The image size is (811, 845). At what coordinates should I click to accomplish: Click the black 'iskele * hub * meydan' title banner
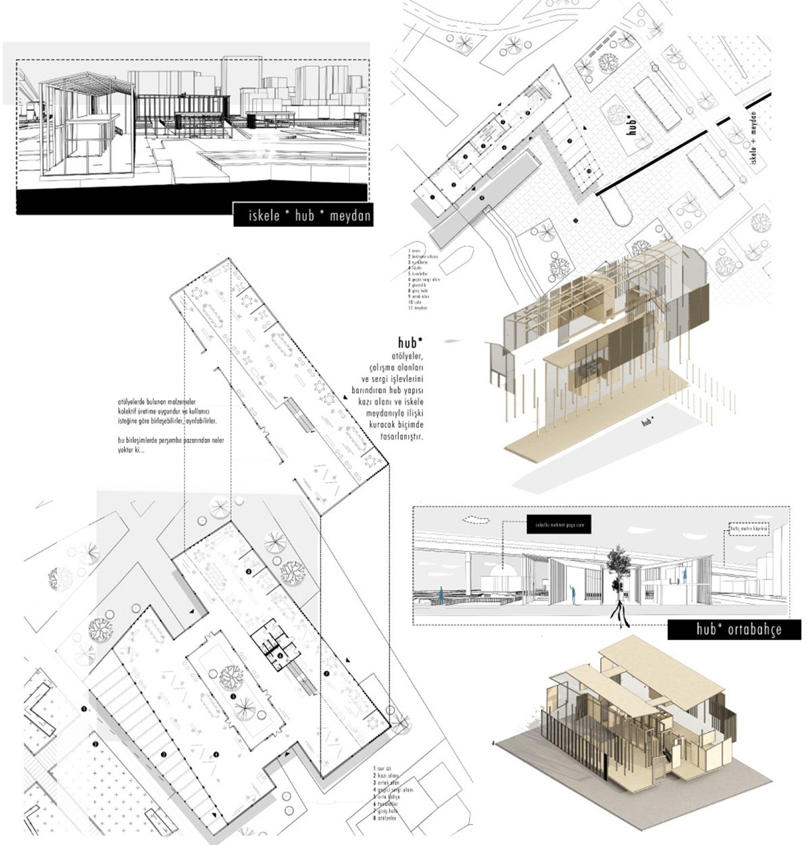click(x=303, y=217)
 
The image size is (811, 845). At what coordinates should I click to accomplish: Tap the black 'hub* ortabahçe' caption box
click(x=735, y=629)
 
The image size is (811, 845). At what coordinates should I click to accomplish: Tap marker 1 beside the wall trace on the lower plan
click(x=83, y=708)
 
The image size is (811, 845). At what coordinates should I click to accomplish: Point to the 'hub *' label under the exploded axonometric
click(x=648, y=422)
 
